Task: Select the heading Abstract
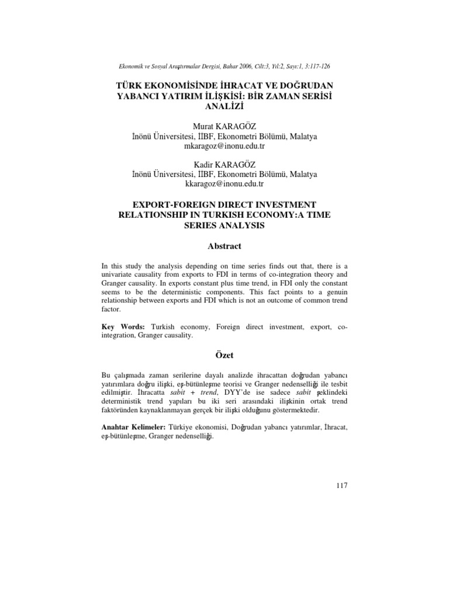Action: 224,246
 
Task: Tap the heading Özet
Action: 224,354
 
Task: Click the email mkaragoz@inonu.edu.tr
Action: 224,146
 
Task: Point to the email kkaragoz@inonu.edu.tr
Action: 224,183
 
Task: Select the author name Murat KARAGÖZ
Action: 224,127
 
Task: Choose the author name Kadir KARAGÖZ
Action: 224,164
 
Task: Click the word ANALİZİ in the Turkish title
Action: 224,107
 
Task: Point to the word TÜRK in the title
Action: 131,85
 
